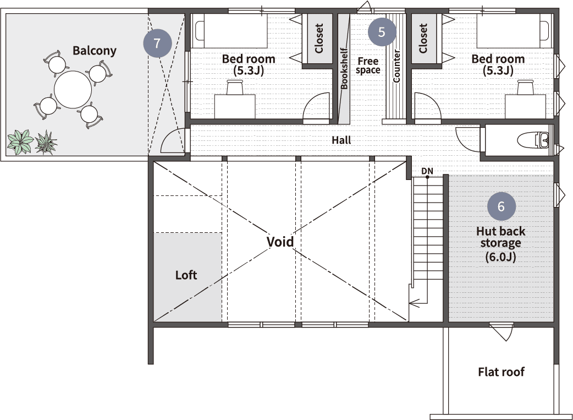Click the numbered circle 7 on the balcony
[x=157, y=43]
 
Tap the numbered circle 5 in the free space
[x=382, y=32]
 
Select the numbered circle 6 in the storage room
[x=502, y=206]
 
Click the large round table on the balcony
[x=73, y=90]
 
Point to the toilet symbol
[x=533, y=140]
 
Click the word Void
[x=280, y=242]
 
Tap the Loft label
[x=186, y=275]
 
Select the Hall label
[x=341, y=140]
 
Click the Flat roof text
[x=501, y=372]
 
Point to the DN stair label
[x=427, y=171]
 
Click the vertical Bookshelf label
[x=344, y=68]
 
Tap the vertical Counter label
[x=396, y=66]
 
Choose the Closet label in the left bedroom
[x=319, y=39]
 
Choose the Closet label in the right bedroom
[x=423, y=39]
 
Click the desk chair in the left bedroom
[x=235, y=88]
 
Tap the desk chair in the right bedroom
[x=526, y=88]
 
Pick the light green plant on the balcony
[x=21, y=142]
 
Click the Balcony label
[x=94, y=51]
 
